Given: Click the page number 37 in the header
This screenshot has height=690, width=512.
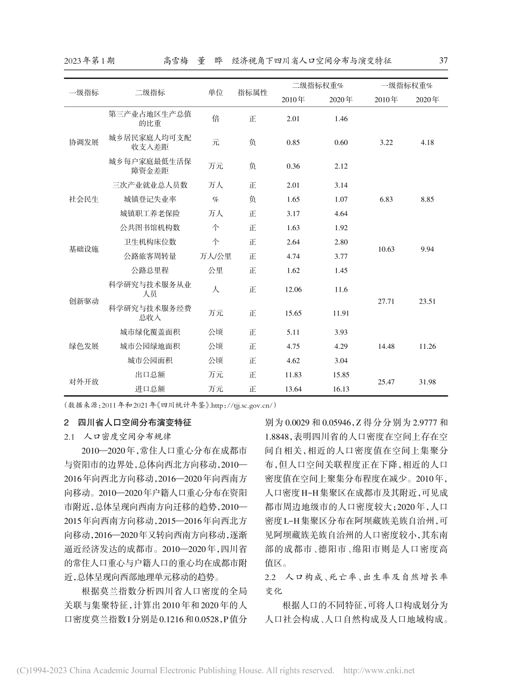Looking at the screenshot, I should click(x=443, y=60).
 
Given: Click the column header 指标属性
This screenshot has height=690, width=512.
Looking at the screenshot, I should click(x=252, y=92).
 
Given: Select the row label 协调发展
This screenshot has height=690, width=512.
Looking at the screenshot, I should click(x=84, y=142).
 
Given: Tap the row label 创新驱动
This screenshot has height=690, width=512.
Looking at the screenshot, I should click(x=84, y=301).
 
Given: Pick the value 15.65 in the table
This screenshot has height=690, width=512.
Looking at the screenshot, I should click(x=293, y=313).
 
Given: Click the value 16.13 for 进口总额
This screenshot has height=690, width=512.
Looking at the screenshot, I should click(x=341, y=388).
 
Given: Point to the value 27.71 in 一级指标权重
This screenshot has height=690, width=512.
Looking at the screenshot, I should click(x=386, y=301).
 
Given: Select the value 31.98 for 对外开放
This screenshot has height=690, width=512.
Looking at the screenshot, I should click(x=427, y=382).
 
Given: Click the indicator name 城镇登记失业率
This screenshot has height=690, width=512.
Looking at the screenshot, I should click(x=150, y=199).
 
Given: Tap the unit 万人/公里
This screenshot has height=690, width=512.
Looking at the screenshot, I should click(x=215, y=256).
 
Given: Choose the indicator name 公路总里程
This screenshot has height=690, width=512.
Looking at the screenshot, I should click(x=150, y=270).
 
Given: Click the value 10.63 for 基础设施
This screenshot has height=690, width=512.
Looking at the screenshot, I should click(x=386, y=249).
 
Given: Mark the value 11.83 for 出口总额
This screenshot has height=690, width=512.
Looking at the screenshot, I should click(x=293, y=375).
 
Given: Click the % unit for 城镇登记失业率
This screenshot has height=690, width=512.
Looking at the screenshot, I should click(x=215, y=199).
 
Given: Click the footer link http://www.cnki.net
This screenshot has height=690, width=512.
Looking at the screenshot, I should click(x=379, y=671).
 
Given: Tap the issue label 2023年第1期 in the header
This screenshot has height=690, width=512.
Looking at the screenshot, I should click(x=89, y=60).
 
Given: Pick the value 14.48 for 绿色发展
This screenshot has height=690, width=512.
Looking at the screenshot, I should click(x=386, y=346).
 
